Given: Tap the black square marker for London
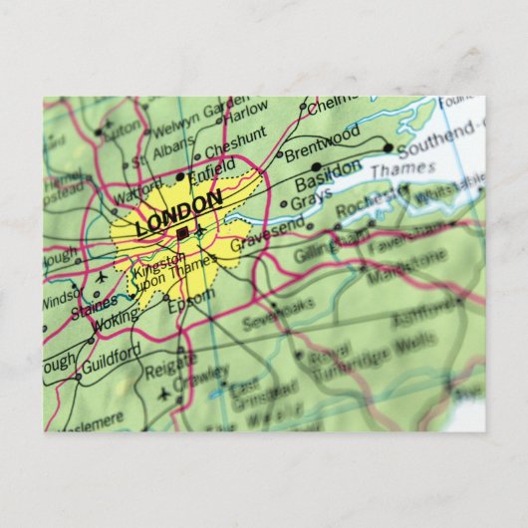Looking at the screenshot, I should coord(181,233).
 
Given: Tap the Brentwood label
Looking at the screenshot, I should coord(322,137).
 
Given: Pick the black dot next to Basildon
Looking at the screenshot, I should coord(317,167).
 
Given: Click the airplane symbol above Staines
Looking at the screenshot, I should coord(101,276).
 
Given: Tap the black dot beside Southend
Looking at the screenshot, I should coord(388,149).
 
